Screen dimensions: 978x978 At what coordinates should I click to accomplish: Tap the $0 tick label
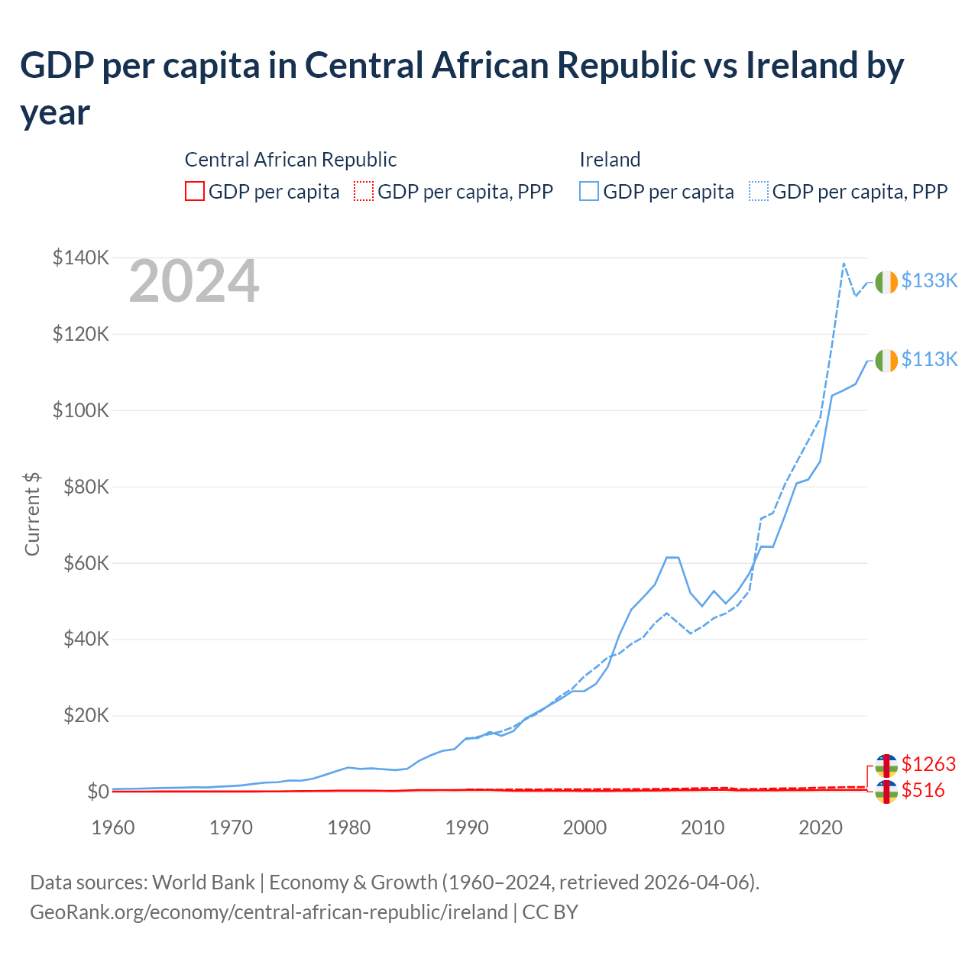coord(98,792)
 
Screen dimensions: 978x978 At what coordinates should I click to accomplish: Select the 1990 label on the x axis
coord(467,827)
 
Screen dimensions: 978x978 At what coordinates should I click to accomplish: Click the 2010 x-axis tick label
coord(702,827)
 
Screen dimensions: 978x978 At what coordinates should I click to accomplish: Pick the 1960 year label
coord(113,827)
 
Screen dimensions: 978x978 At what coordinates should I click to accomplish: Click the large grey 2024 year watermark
coord(194,282)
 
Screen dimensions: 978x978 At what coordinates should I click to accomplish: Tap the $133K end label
coord(929,280)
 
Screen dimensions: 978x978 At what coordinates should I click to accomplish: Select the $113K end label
coord(929,359)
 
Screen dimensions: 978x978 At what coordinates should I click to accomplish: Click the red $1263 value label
coord(928,764)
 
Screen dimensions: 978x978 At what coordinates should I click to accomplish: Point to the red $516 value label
coord(923,790)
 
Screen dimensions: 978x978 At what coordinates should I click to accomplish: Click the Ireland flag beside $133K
coord(886,282)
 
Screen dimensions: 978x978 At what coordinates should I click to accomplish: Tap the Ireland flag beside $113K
coord(886,361)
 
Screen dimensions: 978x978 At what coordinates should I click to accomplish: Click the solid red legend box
coord(195,191)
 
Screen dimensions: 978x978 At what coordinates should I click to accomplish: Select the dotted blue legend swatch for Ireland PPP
coord(759,191)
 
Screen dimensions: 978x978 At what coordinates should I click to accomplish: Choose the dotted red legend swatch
coord(364,191)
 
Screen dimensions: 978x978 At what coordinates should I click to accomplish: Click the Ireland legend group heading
coord(610,160)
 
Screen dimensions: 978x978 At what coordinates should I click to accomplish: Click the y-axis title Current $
coord(32,513)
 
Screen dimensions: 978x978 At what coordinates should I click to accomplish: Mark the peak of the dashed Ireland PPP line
coord(844,264)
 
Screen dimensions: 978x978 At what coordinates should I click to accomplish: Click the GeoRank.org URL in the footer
coord(269,912)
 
